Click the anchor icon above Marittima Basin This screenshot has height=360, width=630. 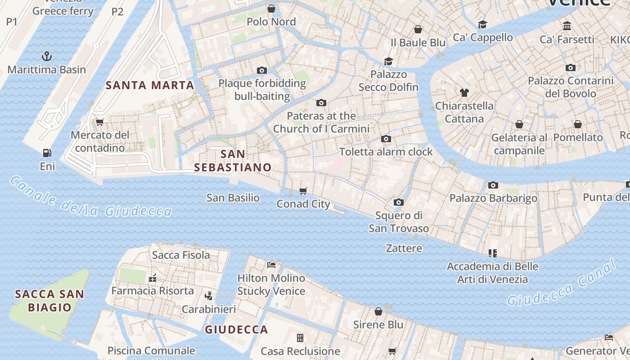(47, 56)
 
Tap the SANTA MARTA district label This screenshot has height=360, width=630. (150, 85)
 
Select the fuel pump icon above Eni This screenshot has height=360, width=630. (47, 153)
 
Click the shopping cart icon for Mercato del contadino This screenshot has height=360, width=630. (100, 121)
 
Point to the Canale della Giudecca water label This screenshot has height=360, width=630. (90, 198)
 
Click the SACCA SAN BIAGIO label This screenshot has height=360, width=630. (49, 301)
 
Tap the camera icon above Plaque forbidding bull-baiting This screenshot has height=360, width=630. (262, 70)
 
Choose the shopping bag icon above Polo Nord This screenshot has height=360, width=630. (271, 8)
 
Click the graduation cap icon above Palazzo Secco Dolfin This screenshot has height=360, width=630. (388, 61)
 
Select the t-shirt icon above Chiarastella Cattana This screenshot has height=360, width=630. (464, 93)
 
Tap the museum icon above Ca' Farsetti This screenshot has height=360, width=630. (567, 26)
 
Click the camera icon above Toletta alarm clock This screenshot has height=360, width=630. (386, 139)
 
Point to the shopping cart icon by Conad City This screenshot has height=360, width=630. (303, 191)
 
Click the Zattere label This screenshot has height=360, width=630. (404, 248)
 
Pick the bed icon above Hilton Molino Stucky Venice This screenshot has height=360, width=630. (271, 265)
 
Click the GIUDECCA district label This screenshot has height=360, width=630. (236, 329)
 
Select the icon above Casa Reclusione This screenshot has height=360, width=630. (300, 337)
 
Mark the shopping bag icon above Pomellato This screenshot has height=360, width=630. (578, 124)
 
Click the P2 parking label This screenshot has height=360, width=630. (117, 12)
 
